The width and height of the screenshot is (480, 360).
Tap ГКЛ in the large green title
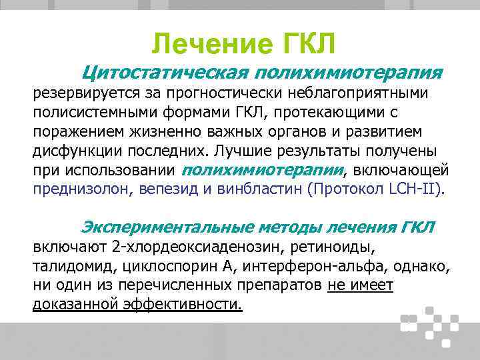303,45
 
